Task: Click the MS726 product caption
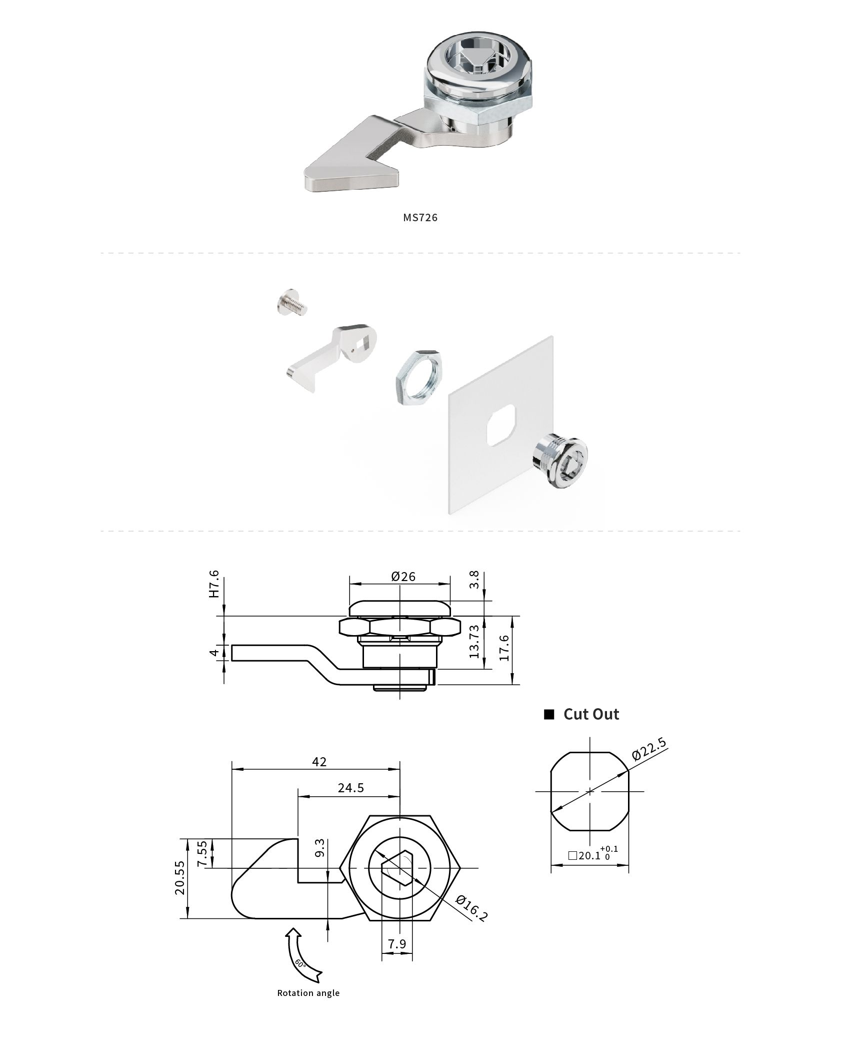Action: [x=420, y=217]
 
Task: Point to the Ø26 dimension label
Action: [x=403, y=577]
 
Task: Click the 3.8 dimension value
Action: [x=474, y=580]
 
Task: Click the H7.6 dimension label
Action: [x=214, y=584]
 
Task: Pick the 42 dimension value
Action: [x=319, y=762]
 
